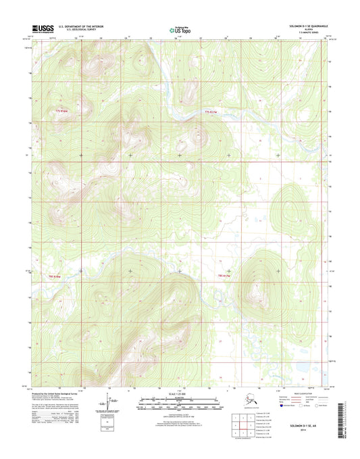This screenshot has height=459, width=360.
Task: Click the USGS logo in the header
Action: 42,28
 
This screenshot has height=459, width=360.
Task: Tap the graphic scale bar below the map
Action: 180,407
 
